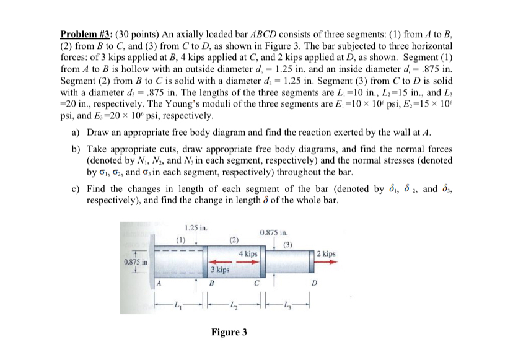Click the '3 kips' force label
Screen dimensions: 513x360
coord(219,270)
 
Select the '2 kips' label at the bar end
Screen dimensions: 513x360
coord(327,254)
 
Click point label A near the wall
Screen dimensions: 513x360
coord(159,284)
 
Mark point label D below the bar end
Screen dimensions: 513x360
coord(313,286)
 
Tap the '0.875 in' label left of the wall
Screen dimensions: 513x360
coord(135,262)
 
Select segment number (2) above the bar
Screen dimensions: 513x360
coord(234,239)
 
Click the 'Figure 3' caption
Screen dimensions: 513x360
coord(229,332)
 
